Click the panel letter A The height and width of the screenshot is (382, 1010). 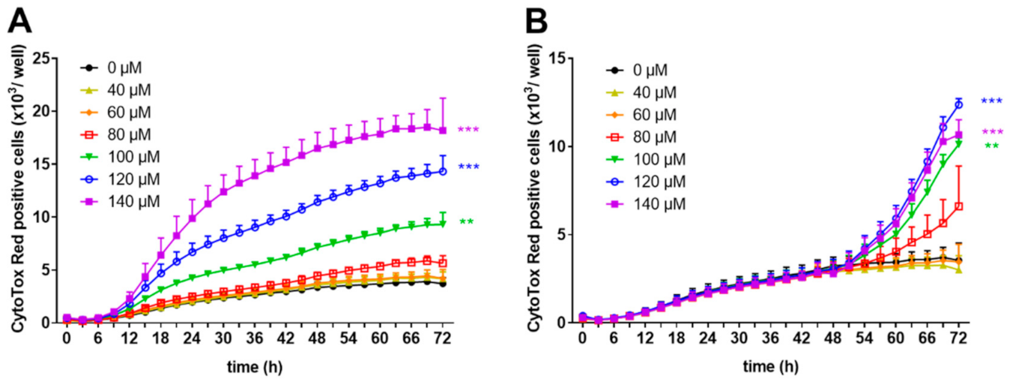[x=20, y=21]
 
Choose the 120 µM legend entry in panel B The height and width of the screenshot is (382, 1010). [x=644, y=181]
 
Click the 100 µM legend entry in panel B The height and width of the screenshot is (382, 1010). [x=644, y=159]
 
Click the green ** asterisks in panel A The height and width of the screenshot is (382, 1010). [x=466, y=222]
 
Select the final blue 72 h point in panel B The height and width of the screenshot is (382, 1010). [x=958, y=104]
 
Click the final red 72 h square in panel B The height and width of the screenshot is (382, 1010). [x=958, y=206]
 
